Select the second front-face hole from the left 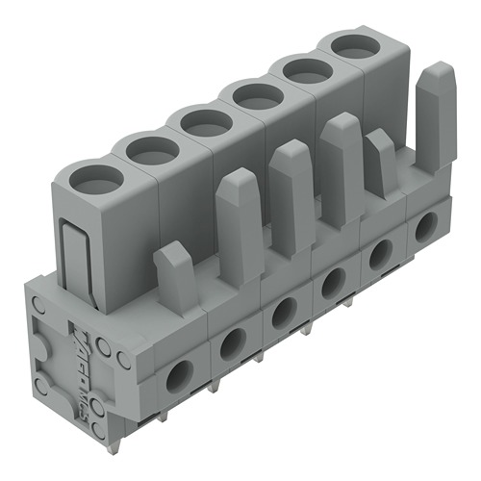(x=231, y=343)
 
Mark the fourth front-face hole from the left (x=333, y=282)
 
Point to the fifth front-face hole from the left (x=380, y=253)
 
